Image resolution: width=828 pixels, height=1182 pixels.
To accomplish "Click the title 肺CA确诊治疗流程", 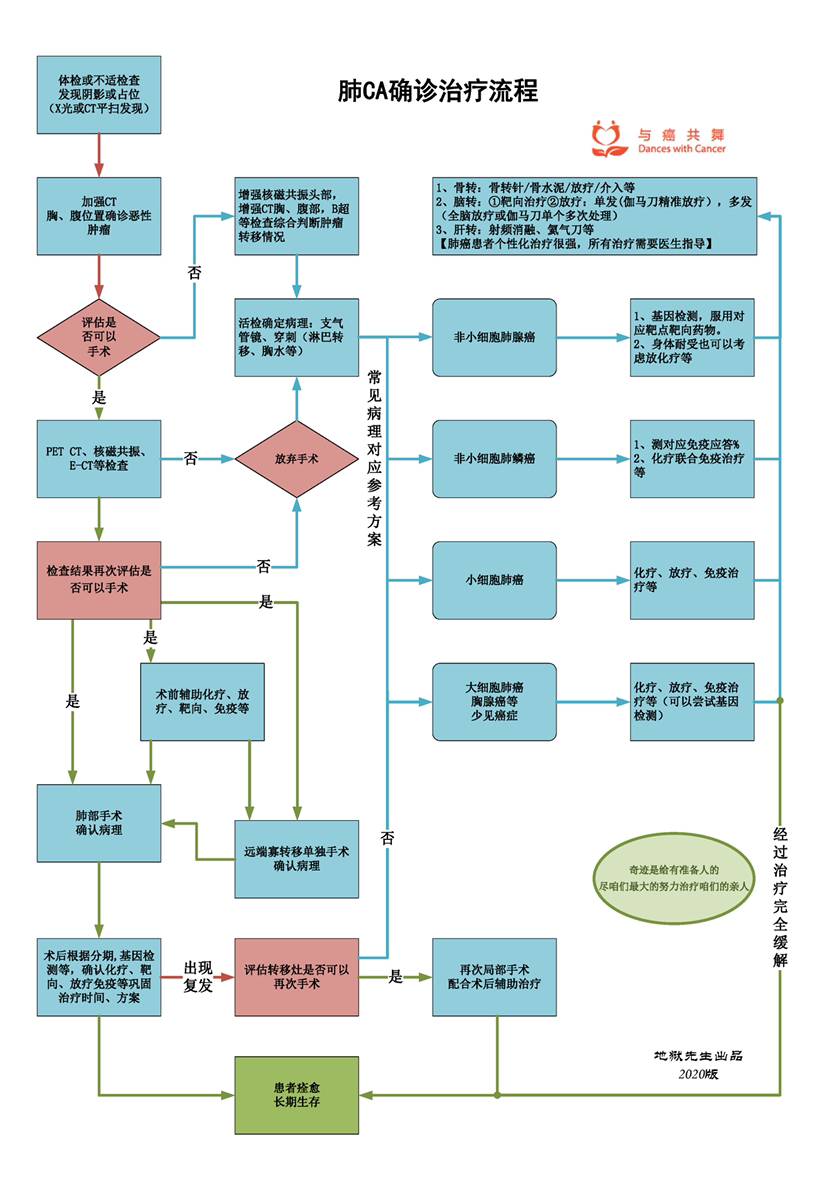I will point(438,92).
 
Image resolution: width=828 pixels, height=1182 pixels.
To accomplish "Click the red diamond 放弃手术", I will point(297,459).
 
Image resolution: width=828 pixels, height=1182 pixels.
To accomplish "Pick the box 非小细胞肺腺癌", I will point(494,338).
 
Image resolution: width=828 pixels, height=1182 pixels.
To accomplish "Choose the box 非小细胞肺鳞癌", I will point(494,459).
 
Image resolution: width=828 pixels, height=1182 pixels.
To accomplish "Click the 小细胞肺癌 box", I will point(494,580).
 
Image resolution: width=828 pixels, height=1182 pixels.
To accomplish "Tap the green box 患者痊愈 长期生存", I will point(296,1094).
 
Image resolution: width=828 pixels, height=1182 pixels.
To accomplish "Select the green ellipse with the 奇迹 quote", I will point(673,878).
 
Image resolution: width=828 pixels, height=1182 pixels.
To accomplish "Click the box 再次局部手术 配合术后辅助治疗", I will point(494,977).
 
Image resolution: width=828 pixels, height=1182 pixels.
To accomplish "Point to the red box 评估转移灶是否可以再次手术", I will point(296,977).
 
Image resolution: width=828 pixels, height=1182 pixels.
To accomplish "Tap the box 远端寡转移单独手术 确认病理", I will point(296,858).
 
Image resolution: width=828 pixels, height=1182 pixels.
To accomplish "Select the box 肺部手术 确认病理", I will point(99,823).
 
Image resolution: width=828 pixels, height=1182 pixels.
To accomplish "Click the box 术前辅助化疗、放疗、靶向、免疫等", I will point(202,701).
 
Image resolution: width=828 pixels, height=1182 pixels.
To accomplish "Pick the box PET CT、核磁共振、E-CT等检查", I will point(99,459).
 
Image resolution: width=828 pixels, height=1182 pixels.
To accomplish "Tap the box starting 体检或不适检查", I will point(99,94).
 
